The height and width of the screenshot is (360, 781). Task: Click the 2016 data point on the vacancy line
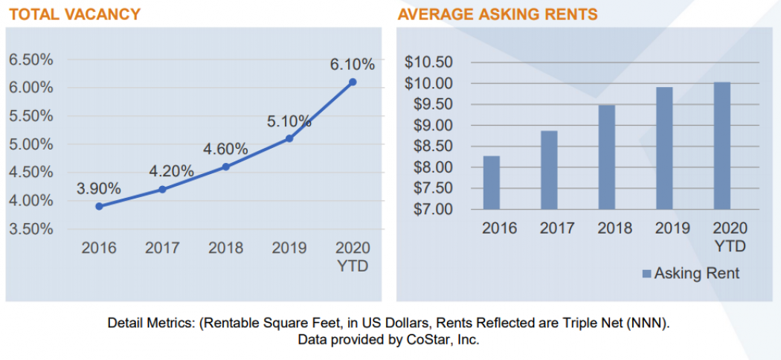(x=99, y=206)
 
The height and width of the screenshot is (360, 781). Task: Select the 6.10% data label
(x=352, y=65)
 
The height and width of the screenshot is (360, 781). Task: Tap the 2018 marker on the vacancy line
(x=226, y=167)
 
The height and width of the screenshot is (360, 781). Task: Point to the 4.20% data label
(x=171, y=172)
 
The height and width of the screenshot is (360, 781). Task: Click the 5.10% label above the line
(x=289, y=121)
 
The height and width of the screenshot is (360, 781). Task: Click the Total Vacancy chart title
(x=73, y=14)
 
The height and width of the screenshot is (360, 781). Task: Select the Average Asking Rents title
(x=498, y=14)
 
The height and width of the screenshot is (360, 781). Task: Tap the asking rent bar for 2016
(x=492, y=183)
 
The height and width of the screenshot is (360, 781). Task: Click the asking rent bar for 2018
(x=607, y=158)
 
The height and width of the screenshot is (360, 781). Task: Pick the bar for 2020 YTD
(x=721, y=146)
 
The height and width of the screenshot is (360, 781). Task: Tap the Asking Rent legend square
(x=646, y=274)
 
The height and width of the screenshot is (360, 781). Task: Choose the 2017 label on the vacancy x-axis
(x=161, y=248)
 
